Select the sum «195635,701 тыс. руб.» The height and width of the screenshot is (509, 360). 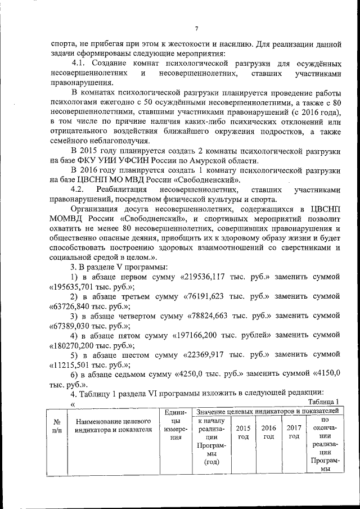(x=79, y=286)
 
